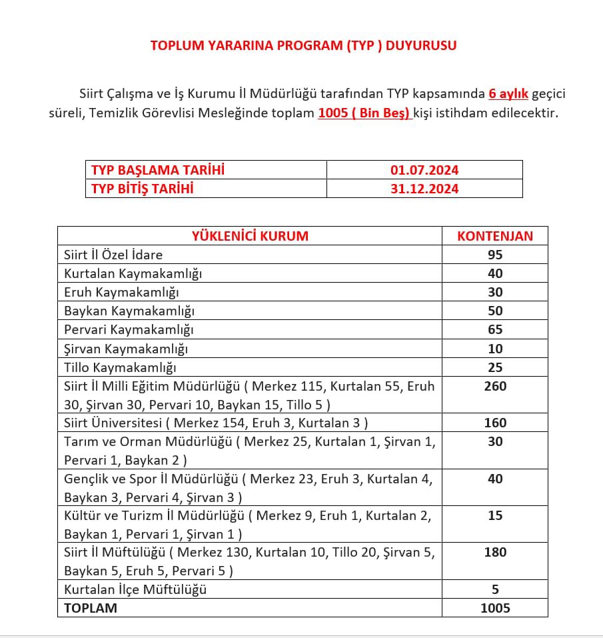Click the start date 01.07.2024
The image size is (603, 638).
click(424, 170)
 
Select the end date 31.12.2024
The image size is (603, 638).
click(424, 189)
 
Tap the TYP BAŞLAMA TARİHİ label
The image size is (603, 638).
click(158, 170)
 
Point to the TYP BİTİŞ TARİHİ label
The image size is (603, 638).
click(142, 189)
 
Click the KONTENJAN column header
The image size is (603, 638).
click(495, 236)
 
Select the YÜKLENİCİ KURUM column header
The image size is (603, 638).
click(250, 236)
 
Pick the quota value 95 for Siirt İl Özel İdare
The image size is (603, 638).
click(495, 255)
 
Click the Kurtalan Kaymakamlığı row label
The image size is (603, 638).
click(133, 273)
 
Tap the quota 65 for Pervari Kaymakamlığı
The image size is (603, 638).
click(495, 329)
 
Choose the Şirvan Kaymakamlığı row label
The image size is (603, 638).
click(126, 349)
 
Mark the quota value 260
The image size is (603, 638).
click(495, 386)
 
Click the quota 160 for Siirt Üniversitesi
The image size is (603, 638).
click(495, 423)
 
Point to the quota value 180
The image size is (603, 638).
click(495, 552)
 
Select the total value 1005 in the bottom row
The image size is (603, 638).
click(495, 608)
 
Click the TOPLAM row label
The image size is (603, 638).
click(91, 608)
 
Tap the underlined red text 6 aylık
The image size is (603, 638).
click(508, 94)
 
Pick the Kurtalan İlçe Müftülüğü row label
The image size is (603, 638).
click(135, 589)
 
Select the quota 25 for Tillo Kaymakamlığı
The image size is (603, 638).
click(495, 367)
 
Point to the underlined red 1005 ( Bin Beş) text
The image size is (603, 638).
click(364, 113)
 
